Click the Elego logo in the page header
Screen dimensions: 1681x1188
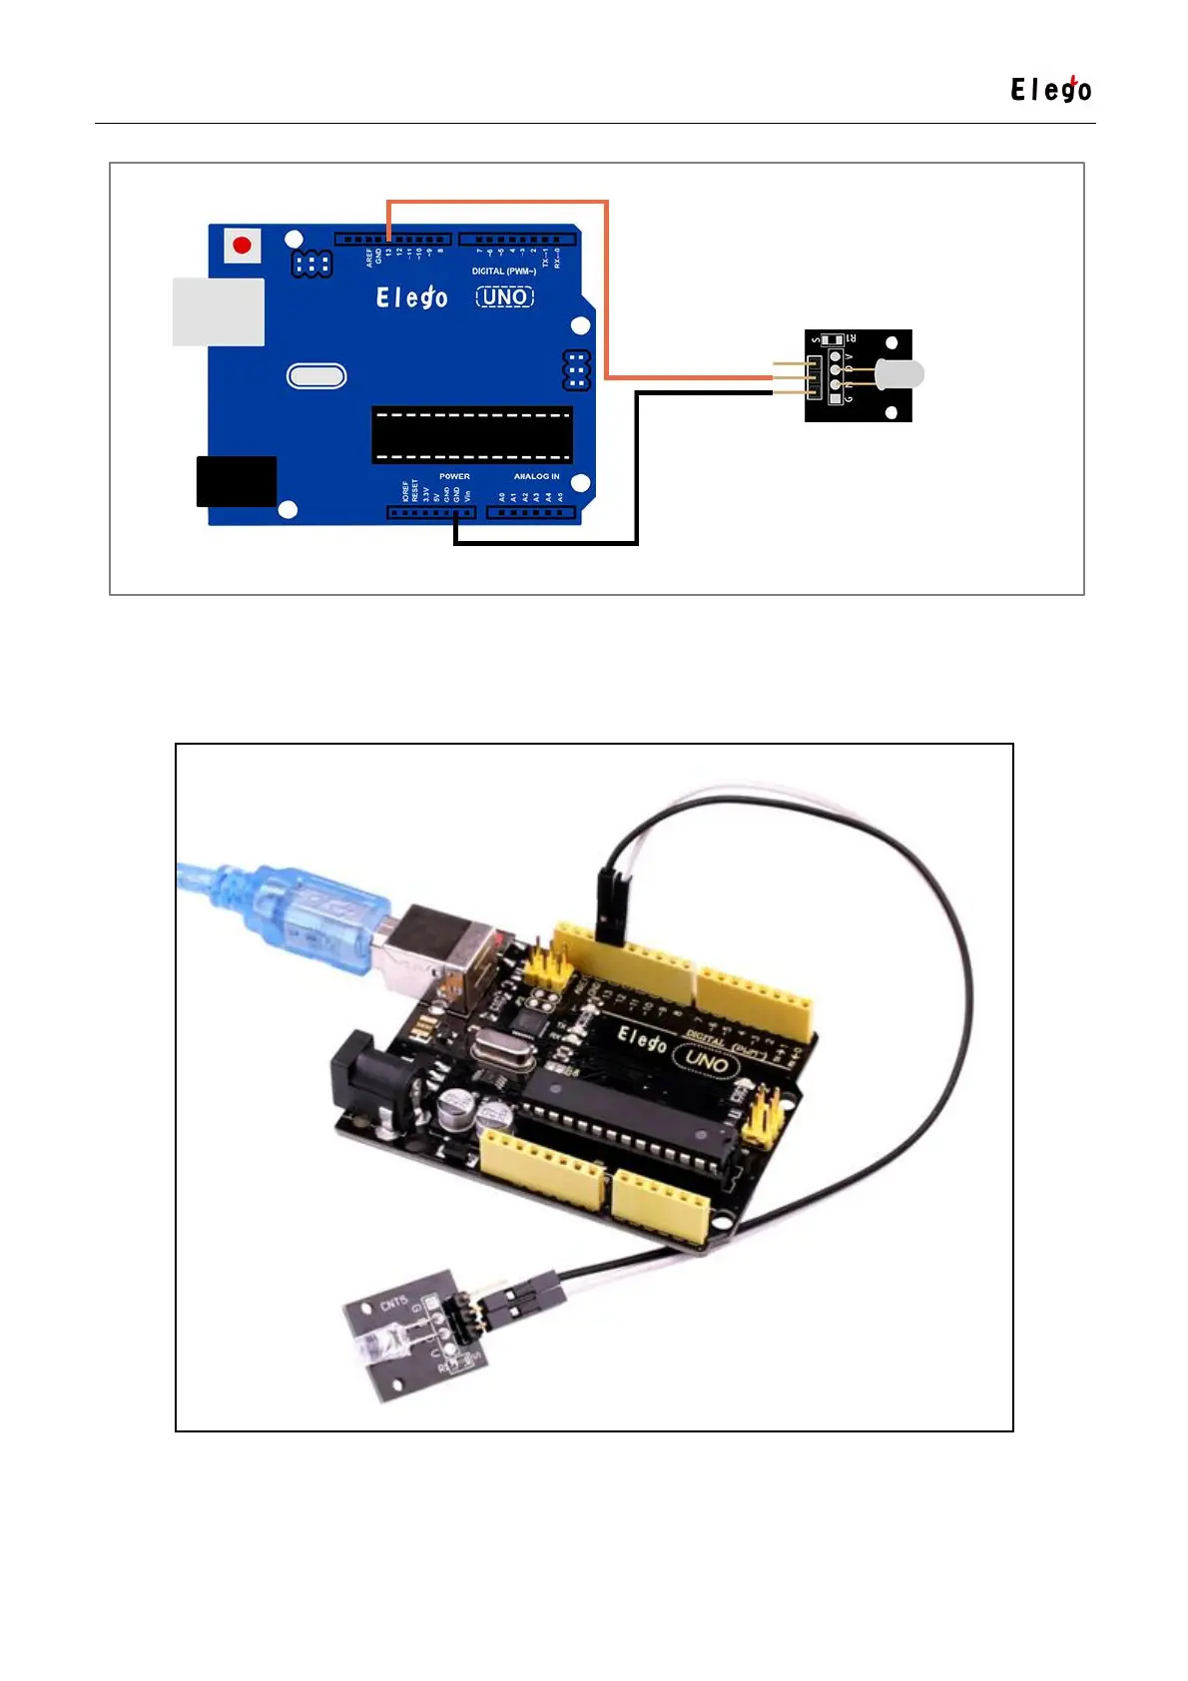[1051, 90]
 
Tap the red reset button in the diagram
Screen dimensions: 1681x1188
[242, 245]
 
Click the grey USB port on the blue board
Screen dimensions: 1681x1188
[219, 312]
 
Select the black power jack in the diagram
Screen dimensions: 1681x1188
[237, 481]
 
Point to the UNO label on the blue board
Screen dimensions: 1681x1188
[505, 296]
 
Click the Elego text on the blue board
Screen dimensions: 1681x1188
[411, 297]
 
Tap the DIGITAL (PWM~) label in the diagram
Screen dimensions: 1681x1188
[504, 272]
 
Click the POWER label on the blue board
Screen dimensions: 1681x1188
[454, 476]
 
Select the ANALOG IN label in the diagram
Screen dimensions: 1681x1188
[537, 476]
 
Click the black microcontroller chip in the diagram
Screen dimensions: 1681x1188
[472, 435]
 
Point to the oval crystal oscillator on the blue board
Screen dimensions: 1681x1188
[316, 376]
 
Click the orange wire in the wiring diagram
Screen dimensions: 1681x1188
[606, 289]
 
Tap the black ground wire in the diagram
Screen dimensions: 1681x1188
[637, 469]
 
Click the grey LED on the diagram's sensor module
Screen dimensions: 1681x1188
[899, 375]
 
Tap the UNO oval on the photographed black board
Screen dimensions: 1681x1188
[707, 1061]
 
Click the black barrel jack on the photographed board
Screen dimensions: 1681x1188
[364, 1083]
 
